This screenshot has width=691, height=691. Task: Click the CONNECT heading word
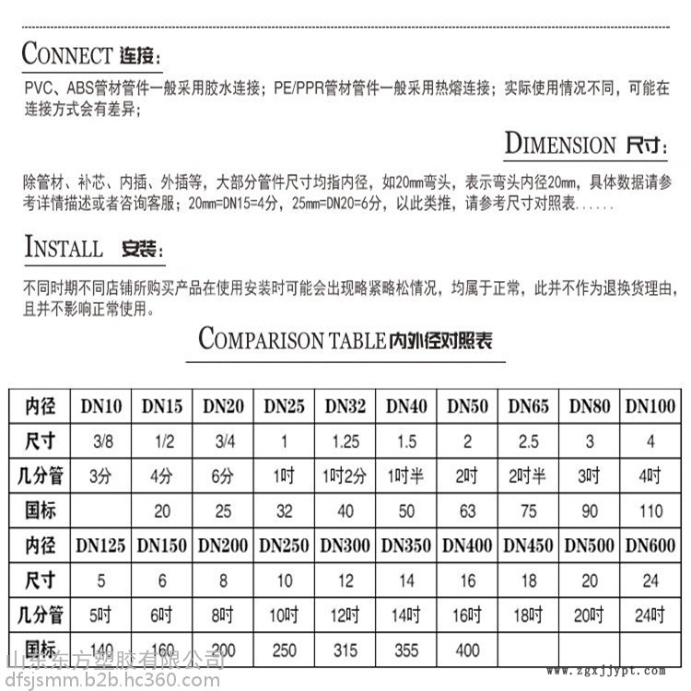[x=66, y=53]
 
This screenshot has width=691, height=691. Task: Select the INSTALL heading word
[x=64, y=248]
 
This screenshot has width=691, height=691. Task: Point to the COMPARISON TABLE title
[x=292, y=340]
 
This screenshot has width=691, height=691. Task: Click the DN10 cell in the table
[x=100, y=405]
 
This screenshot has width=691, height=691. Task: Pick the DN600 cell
[x=650, y=545]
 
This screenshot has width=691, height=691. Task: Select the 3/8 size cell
[x=100, y=440]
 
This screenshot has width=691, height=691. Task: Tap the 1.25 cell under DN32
[x=345, y=440]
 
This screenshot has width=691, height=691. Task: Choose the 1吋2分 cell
[x=345, y=475]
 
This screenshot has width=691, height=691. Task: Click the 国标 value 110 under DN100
[x=650, y=509]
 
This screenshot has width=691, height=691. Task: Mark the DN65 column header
[x=528, y=405]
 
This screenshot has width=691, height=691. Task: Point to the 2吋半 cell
[x=528, y=475]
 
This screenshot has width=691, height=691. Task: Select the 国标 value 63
[x=467, y=509]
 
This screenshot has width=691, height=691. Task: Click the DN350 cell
[x=406, y=545]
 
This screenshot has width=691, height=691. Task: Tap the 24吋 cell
[x=650, y=615]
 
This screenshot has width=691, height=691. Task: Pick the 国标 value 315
[x=345, y=650]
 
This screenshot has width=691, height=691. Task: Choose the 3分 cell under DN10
[x=100, y=475]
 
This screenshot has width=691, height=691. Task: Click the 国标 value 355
[x=406, y=650]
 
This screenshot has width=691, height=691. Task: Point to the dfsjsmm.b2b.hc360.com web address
[x=111, y=680]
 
